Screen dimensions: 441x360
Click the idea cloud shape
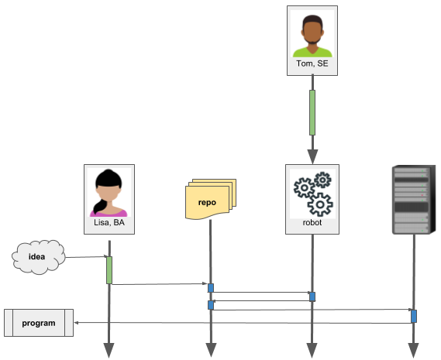click(x=39, y=257)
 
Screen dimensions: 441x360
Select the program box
click(x=39, y=323)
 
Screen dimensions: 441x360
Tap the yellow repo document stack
click(x=211, y=199)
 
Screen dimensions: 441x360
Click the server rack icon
click(x=414, y=200)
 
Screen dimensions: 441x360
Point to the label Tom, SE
click(x=312, y=63)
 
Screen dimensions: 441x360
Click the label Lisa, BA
click(x=109, y=222)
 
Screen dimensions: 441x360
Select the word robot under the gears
click(x=312, y=222)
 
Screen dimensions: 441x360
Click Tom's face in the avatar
click(x=312, y=32)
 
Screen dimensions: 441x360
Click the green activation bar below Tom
click(x=312, y=112)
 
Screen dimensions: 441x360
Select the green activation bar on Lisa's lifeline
click(x=109, y=270)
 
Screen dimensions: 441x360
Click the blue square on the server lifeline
click(x=414, y=316)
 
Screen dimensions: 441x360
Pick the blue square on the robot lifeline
click(x=312, y=297)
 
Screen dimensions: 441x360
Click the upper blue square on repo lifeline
click(x=211, y=288)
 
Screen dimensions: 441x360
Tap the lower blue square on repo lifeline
click(x=211, y=305)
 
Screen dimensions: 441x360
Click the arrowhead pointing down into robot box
click(x=312, y=156)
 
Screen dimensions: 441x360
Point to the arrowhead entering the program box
click(x=76, y=323)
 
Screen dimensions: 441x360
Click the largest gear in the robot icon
click(x=320, y=204)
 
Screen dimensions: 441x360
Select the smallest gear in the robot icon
click(x=322, y=180)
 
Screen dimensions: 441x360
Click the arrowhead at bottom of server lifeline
click(x=413, y=351)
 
